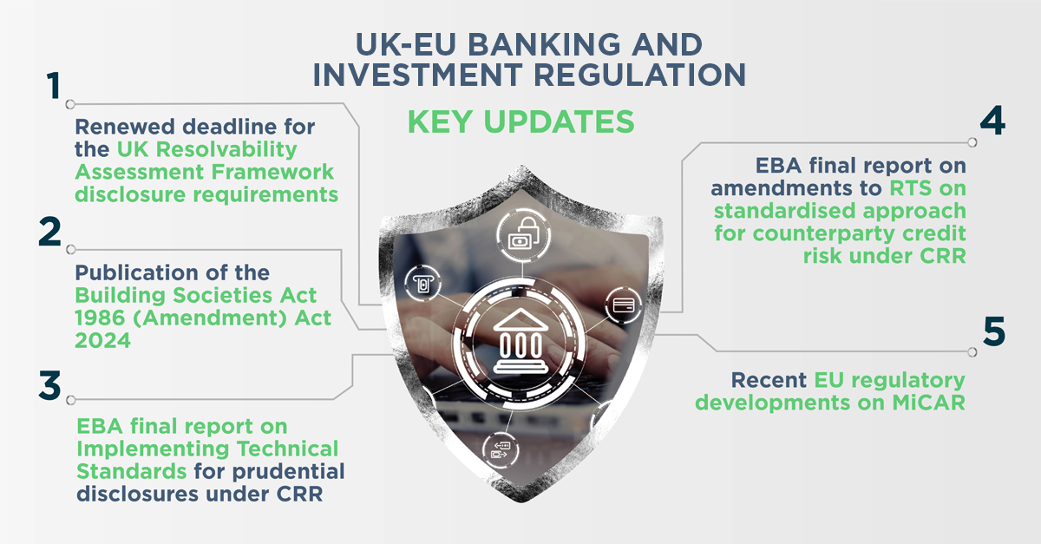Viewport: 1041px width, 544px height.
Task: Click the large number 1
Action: (x=54, y=85)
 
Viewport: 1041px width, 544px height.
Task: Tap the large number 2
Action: (x=49, y=231)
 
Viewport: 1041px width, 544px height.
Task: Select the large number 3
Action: (x=49, y=385)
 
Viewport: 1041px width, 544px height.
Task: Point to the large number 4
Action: (x=992, y=120)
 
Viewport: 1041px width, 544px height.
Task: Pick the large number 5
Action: (x=994, y=331)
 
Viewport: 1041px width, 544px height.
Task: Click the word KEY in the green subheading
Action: (x=441, y=121)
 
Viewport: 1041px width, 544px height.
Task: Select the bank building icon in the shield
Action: (x=521, y=341)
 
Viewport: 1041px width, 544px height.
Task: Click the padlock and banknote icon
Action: (x=523, y=235)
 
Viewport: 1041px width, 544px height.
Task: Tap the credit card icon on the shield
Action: (x=624, y=305)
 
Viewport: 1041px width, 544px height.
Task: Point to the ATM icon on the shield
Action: (x=423, y=283)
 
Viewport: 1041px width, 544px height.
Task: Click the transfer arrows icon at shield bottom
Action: (x=501, y=449)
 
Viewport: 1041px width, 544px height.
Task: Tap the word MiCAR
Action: (x=928, y=403)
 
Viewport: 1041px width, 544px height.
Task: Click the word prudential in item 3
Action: (x=289, y=471)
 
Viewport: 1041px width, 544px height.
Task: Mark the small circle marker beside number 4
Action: (x=972, y=142)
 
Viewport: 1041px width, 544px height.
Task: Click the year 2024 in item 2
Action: (x=102, y=341)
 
